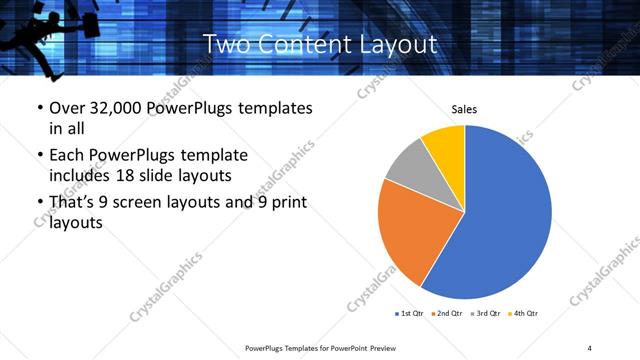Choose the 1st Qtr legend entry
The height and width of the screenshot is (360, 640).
[x=408, y=314]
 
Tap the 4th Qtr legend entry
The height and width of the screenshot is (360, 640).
[x=525, y=314]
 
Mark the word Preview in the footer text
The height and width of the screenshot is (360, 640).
[x=383, y=348]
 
